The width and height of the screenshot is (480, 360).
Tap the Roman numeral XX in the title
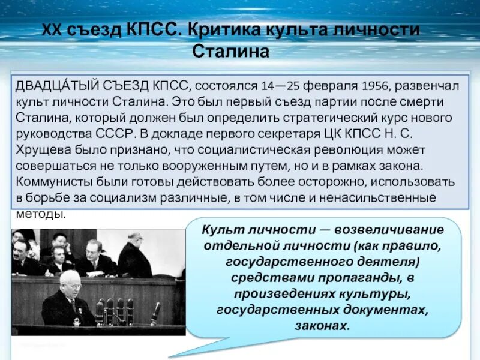[x=53, y=29]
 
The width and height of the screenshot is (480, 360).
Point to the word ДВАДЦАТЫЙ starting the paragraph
[x=52, y=86]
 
